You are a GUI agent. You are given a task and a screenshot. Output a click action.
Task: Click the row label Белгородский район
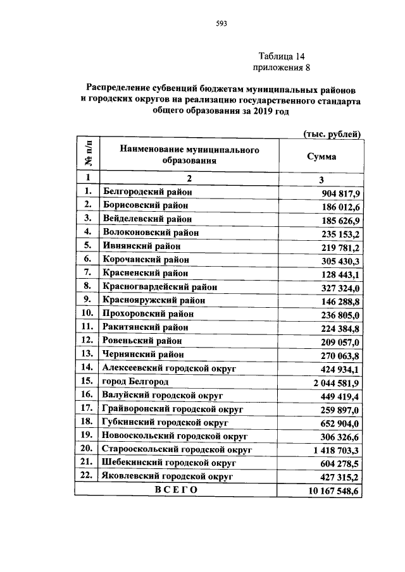pyautogui.click(x=147, y=192)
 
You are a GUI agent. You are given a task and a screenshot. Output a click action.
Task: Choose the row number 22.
pyautogui.click(x=87, y=476)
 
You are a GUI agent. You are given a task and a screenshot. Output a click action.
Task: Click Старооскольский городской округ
pyautogui.click(x=177, y=449)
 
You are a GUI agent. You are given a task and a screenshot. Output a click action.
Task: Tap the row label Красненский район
pyautogui.click(x=145, y=273)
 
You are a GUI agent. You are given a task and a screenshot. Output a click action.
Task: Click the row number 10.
pyautogui.click(x=87, y=313)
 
